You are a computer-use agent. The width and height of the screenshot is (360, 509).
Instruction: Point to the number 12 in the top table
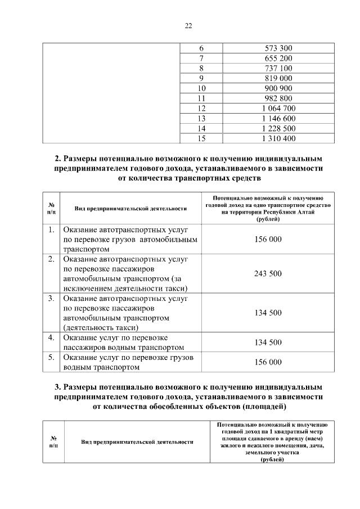pyautogui.click(x=201, y=108)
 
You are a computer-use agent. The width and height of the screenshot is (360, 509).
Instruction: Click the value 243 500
pyautogui.click(x=268, y=273)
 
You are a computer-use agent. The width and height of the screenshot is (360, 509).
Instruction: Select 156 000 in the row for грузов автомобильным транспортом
pyautogui.click(x=268, y=239)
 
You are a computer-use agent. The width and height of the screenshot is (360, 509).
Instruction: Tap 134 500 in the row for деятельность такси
pyautogui.click(x=268, y=312)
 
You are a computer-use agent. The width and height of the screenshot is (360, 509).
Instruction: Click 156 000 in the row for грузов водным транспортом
pyautogui.click(x=268, y=362)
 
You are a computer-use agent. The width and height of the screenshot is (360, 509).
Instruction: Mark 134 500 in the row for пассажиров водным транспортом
pyautogui.click(x=268, y=342)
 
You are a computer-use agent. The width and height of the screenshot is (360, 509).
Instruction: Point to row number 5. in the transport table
pyautogui.click(x=51, y=357)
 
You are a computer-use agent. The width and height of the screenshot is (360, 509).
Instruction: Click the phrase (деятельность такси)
pyautogui.click(x=101, y=327)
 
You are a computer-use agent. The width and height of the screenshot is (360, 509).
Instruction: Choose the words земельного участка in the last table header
pyautogui.click(x=272, y=452)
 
